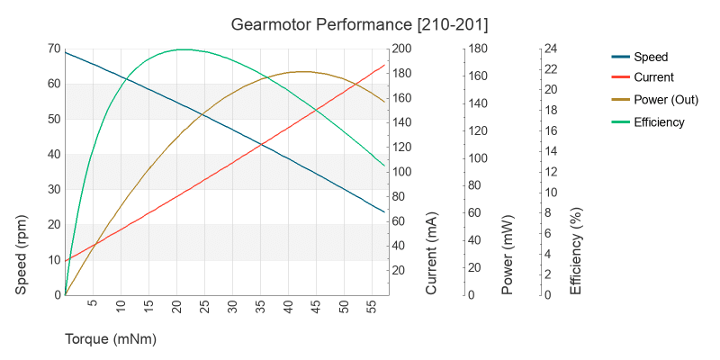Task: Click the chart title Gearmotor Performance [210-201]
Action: [x=360, y=22]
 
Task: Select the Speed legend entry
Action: [x=650, y=56]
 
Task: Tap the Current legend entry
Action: [x=653, y=77]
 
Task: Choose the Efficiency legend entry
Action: [x=659, y=122]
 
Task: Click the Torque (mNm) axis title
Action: [x=111, y=339]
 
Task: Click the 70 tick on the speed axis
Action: [x=55, y=49]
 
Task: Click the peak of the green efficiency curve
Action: [x=183, y=49]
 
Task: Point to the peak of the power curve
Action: [x=303, y=71]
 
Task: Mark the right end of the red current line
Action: [x=384, y=65]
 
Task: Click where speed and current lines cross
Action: [x=261, y=144]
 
